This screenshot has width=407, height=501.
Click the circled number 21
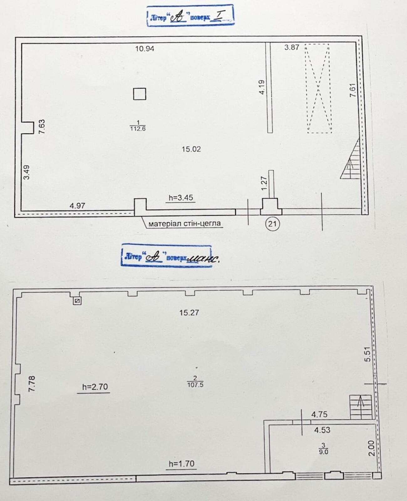click(x=272, y=224)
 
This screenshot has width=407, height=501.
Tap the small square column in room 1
click(x=139, y=94)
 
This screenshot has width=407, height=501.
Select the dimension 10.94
click(x=145, y=49)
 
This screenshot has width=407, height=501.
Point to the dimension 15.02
click(x=191, y=149)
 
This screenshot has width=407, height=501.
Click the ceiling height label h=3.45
click(x=181, y=198)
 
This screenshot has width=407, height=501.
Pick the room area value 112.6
click(x=138, y=129)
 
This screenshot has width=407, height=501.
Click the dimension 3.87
click(x=292, y=47)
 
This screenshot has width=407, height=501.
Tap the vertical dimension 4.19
click(x=262, y=87)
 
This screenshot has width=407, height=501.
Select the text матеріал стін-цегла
click(x=185, y=223)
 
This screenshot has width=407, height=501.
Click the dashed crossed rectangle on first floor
click(x=318, y=88)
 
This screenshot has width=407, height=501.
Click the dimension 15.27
click(x=189, y=312)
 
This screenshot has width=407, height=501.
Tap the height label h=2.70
click(x=95, y=387)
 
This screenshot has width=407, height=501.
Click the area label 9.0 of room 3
click(x=323, y=452)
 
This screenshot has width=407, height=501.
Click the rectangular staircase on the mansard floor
click(x=360, y=407)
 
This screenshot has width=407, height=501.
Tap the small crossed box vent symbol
click(x=77, y=301)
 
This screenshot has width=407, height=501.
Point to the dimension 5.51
click(x=368, y=354)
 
